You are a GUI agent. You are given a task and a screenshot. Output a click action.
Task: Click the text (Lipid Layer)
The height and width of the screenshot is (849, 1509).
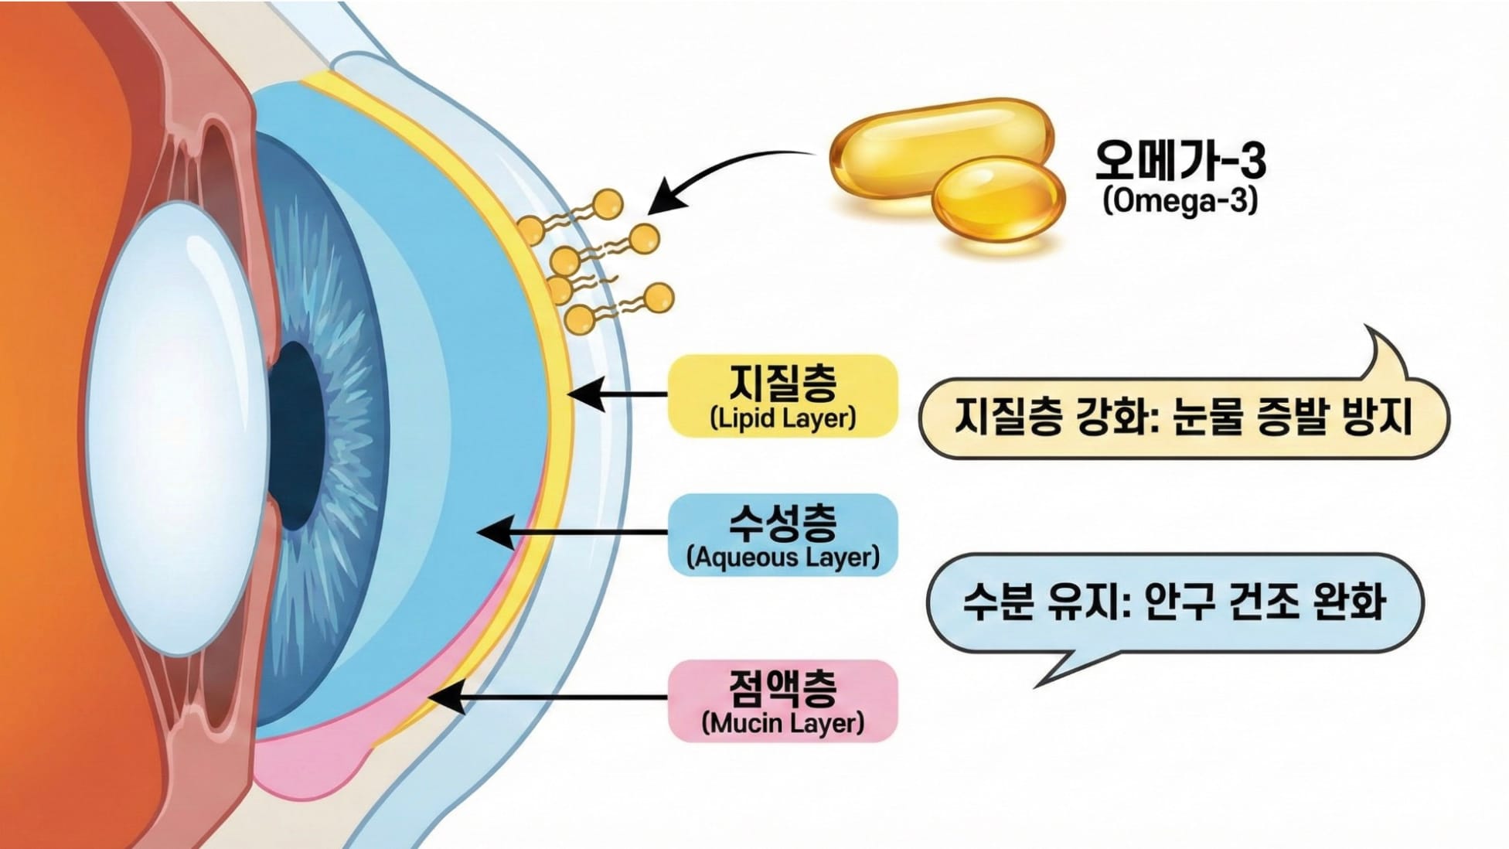pos(782,418)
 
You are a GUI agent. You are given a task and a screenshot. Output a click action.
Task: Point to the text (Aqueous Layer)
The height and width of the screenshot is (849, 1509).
pos(782,557)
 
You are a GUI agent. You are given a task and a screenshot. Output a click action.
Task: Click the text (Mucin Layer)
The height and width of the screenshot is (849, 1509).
pos(782,724)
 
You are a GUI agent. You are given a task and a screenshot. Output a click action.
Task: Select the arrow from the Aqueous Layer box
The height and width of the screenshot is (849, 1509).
pos(572,533)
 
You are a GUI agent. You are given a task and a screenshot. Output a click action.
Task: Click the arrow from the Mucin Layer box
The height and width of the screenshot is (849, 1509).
pos(549,697)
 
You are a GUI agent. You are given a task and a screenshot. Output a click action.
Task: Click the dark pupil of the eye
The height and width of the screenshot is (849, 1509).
pos(298,433)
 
